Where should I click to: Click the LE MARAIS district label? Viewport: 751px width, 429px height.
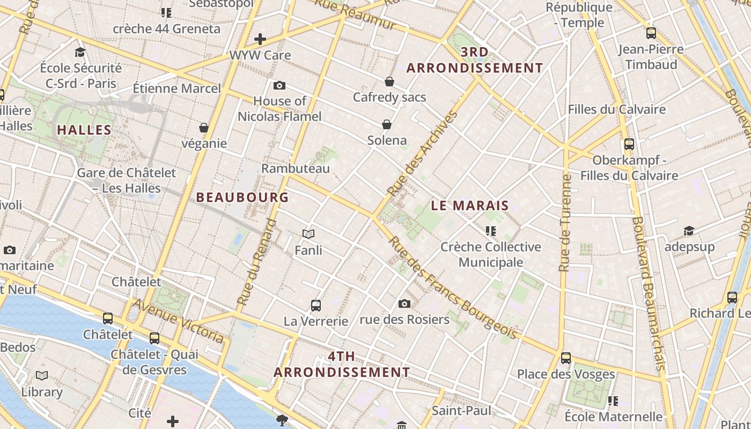(470, 205)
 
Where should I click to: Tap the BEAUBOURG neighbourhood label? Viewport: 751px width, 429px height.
(242, 197)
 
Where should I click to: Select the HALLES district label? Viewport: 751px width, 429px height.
(84, 130)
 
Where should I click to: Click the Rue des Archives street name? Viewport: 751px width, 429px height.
(423, 153)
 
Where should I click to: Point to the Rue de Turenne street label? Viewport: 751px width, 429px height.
(564, 223)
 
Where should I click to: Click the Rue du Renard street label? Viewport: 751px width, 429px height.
(258, 265)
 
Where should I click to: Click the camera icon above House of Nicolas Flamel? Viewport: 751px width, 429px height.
(279, 85)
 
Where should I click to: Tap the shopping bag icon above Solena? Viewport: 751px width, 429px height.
(387, 125)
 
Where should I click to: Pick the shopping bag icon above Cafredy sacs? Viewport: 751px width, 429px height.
(389, 82)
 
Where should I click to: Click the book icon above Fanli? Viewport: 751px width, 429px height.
(308, 234)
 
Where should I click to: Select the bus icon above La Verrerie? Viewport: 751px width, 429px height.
(316, 306)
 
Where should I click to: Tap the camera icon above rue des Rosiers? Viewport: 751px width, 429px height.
(404, 304)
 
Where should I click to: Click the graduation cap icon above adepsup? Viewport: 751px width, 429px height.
(689, 231)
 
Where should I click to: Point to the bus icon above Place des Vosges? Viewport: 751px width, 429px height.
(566, 358)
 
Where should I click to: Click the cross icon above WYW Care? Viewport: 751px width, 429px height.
(260, 39)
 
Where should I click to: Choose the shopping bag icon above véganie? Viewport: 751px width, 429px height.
(204, 128)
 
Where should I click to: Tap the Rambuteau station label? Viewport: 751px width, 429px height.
(296, 168)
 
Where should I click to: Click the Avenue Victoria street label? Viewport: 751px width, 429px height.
(178, 321)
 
